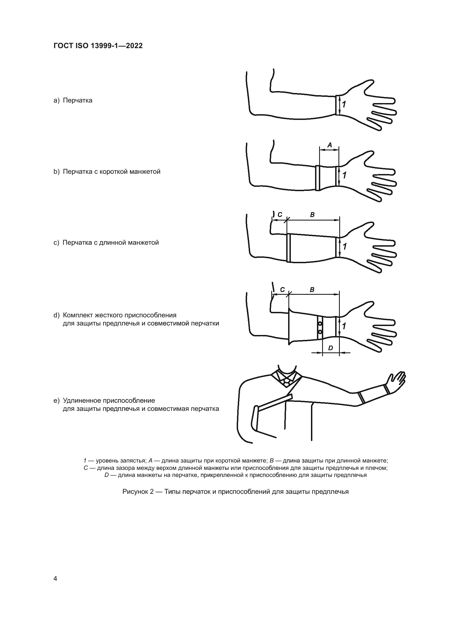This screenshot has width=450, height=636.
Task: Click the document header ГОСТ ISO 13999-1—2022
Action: click(98, 46)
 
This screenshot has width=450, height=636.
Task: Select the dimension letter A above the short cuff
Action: click(329, 145)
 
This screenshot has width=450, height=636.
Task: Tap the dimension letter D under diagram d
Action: click(331, 348)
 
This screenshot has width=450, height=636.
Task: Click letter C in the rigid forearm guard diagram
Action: click(282, 290)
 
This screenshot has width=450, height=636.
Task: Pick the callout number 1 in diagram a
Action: click(344, 105)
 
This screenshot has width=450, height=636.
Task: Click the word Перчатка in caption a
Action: click(78, 100)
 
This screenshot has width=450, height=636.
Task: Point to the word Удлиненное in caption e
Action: click(81, 401)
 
